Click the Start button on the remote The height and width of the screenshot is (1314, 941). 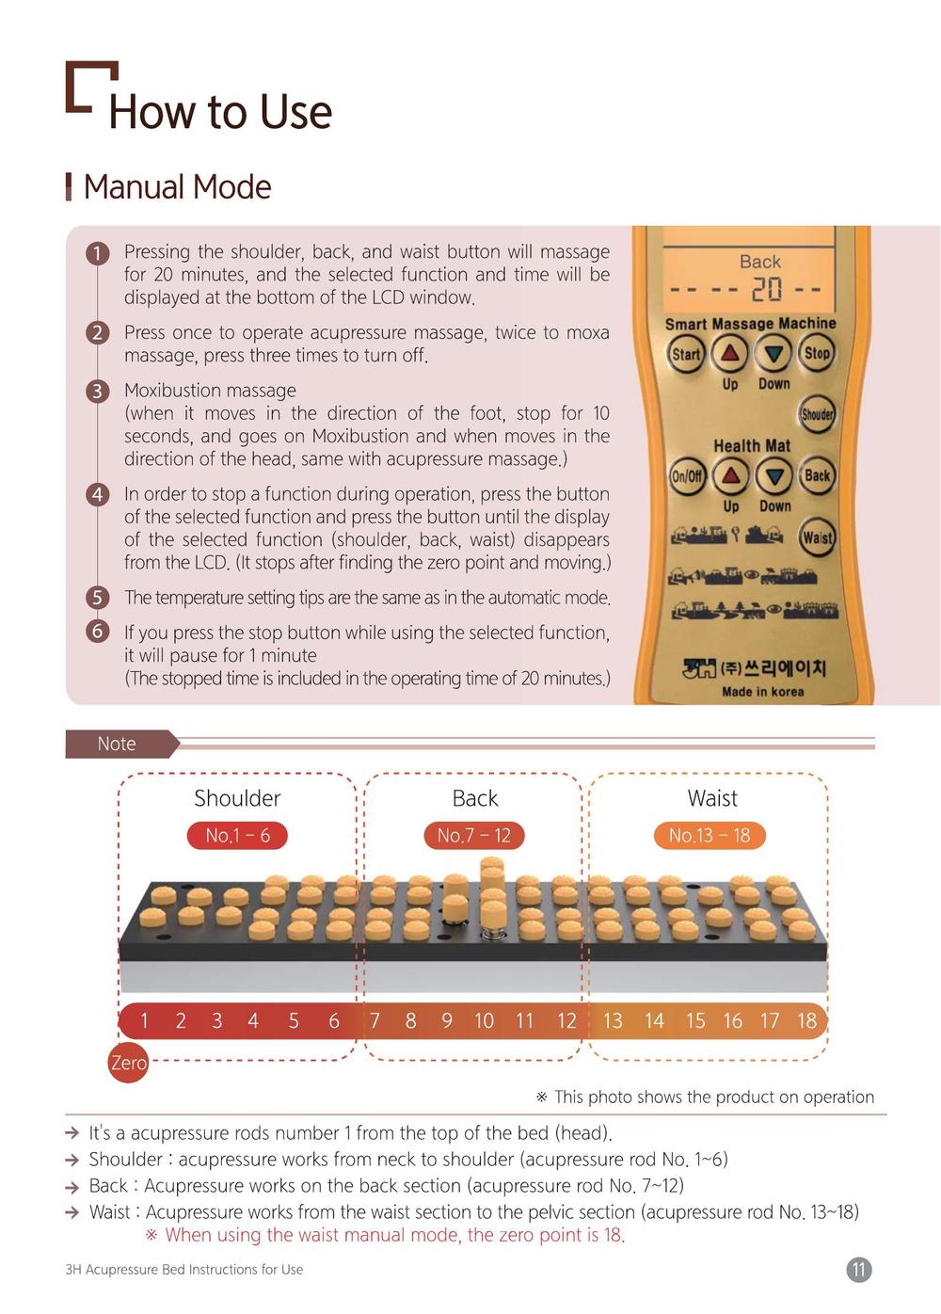[x=685, y=354]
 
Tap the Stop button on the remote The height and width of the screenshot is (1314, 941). [x=816, y=353]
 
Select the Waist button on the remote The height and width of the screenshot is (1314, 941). [x=817, y=537]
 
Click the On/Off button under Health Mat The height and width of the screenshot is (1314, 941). [x=687, y=475]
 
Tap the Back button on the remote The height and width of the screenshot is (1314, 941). [x=817, y=474]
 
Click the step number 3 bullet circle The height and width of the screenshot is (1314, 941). [x=98, y=391]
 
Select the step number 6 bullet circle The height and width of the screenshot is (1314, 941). [x=98, y=632]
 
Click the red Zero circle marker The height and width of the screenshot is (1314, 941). [x=128, y=1063]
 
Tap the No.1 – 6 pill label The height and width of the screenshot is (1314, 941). [x=237, y=835]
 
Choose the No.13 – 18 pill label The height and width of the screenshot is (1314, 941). [x=710, y=835]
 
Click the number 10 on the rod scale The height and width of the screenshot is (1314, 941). [x=484, y=1021]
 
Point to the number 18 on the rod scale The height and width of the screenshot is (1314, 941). [x=806, y=1021]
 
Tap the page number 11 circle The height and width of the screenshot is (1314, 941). [x=859, y=1270]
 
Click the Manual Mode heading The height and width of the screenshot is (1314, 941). [x=177, y=187]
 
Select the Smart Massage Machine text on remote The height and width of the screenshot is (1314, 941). [x=751, y=324]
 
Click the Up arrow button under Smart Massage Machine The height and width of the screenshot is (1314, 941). [x=729, y=354]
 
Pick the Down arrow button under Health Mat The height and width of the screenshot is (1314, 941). [x=774, y=475]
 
